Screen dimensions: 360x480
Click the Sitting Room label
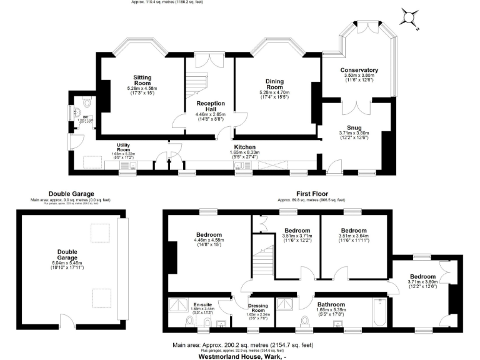point(142,81)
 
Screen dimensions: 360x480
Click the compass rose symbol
point(409,18)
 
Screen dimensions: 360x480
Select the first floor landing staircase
point(264,262)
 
